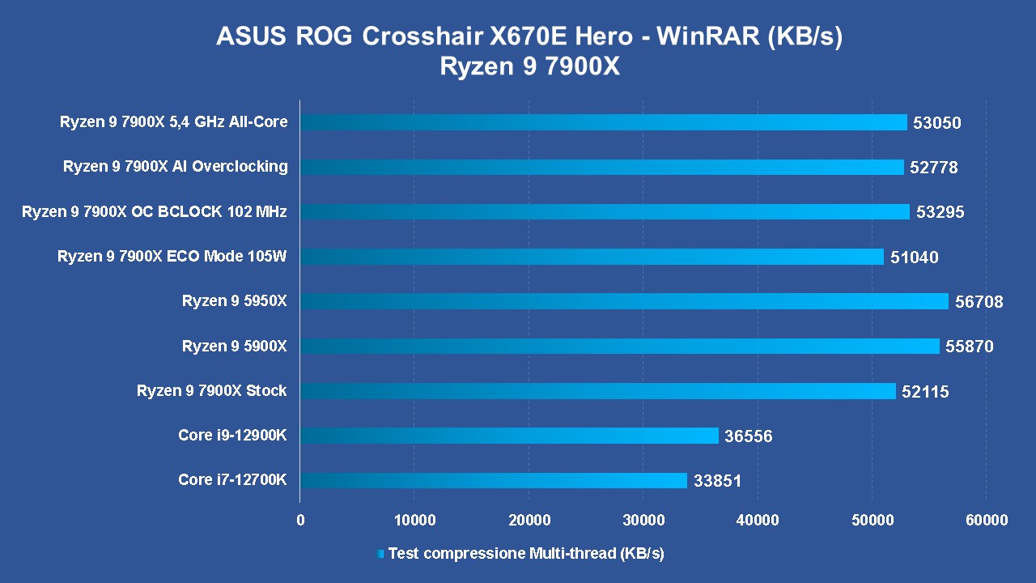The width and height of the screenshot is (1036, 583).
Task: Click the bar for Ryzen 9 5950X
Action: (x=623, y=301)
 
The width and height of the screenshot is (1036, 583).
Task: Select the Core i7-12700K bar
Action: (x=493, y=481)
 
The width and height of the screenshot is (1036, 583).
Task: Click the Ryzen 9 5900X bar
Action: (x=619, y=347)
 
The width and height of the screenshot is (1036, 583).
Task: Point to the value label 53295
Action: (x=937, y=212)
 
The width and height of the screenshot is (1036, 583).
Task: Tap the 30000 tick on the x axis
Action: (x=643, y=520)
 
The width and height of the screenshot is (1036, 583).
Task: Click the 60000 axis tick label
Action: (x=986, y=520)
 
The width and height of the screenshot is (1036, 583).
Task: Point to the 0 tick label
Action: (x=300, y=520)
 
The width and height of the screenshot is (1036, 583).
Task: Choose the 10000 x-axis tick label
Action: (x=414, y=520)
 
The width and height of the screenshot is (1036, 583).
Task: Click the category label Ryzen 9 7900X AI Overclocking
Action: (x=175, y=167)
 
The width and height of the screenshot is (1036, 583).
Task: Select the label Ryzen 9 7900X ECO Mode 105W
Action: (x=172, y=257)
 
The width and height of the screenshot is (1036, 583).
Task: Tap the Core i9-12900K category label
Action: (x=232, y=436)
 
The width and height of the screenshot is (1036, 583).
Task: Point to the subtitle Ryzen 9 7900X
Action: (x=529, y=66)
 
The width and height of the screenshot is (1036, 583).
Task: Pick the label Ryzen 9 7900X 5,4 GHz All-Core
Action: (x=173, y=122)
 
